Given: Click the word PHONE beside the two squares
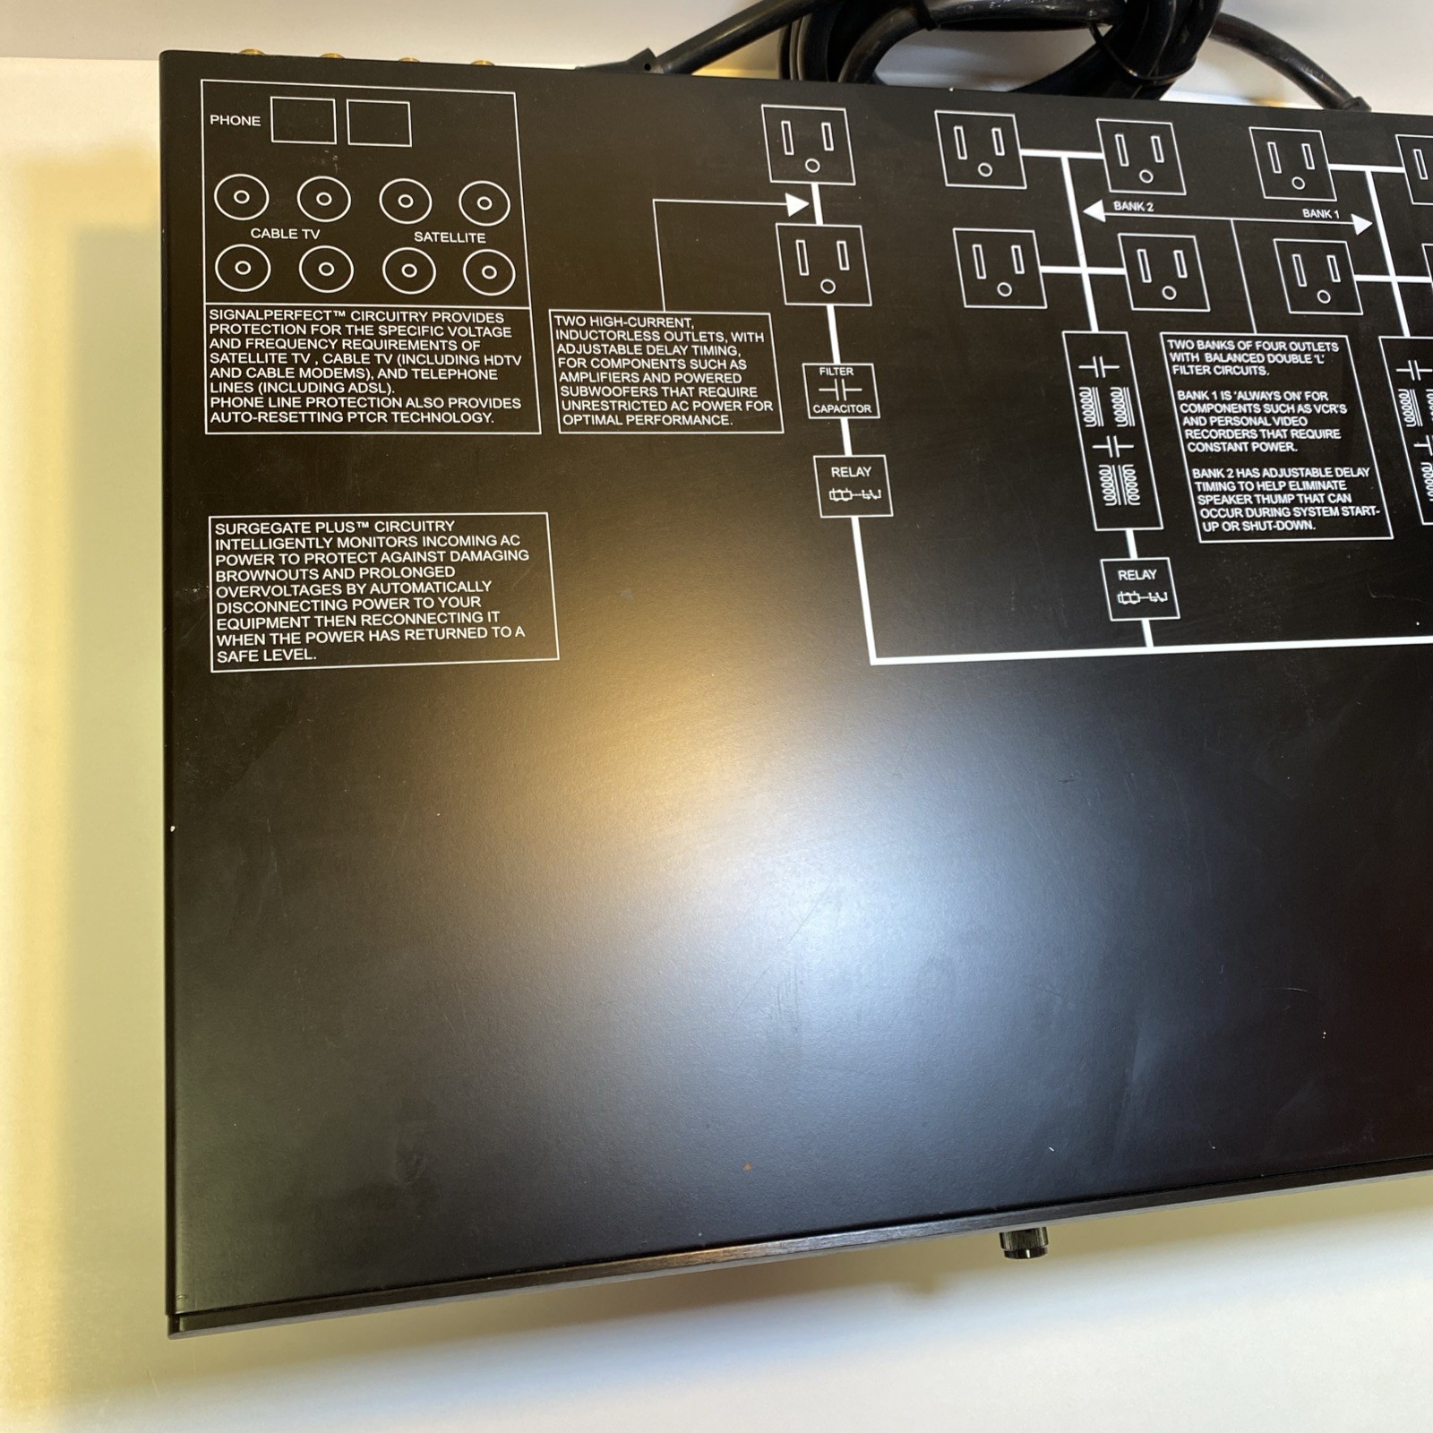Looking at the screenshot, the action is (x=235, y=120).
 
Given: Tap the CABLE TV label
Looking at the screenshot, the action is (x=285, y=234).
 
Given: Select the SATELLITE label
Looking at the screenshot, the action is (x=450, y=237).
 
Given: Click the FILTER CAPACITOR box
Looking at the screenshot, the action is (x=841, y=390).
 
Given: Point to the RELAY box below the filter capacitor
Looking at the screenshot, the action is (x=852, y=485).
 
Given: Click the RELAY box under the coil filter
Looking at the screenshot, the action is (x=1138, y=588).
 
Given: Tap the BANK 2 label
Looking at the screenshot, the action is (x=1133, y=207).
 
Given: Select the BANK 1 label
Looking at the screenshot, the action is (x=1320, y=214).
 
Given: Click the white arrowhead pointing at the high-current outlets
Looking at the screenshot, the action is (x=797, y=204).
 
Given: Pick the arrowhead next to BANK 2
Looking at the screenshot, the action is (x=1094, y=211).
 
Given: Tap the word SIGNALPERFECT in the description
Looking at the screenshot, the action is (x=270, y=316).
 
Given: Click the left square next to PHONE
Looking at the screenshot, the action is (x=303, y=120).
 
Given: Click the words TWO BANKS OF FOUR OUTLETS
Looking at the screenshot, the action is (x=1252, y=346).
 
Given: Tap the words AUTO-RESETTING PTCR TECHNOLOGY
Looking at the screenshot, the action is (x=351, y=417).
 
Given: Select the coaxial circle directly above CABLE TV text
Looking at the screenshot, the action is (x=324, y=199).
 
